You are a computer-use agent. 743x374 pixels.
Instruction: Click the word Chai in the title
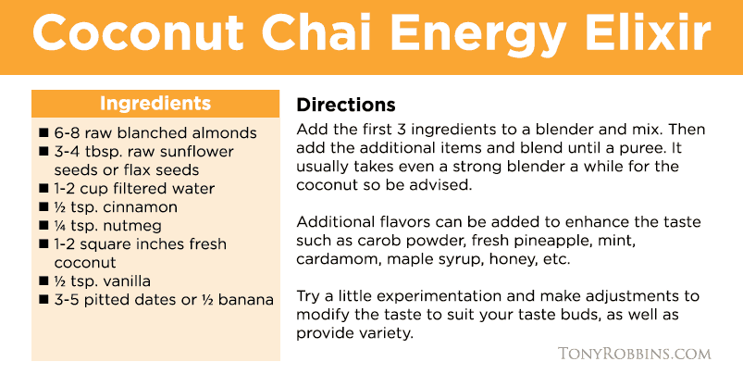click(317, 32)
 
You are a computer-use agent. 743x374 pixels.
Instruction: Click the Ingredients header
click(155, 104)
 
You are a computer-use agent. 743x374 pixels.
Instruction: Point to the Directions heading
click(346, 105)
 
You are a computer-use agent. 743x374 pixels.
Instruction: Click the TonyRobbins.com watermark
click(635, 354)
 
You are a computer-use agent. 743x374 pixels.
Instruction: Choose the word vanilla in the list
click(127, 281)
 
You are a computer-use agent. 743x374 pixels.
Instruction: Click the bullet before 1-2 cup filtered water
click(43, 189)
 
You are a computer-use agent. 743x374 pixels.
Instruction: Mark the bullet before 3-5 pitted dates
click(43, 300)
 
